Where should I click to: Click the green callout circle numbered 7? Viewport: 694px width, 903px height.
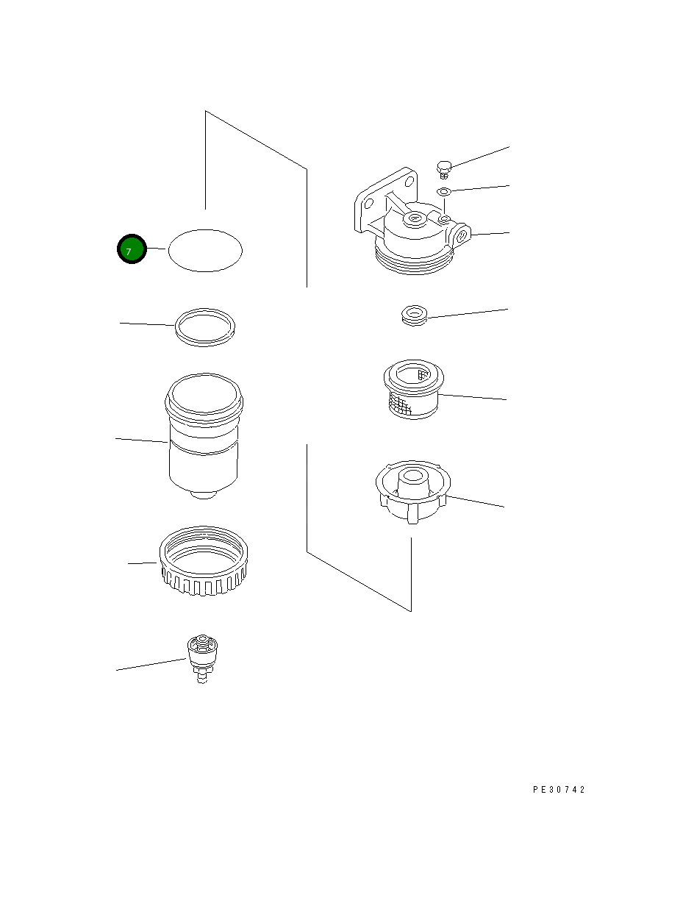pyautogui.click(x=132, y=249)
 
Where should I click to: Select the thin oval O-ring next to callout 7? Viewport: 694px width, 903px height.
pyautogui.click(x=205, y=230)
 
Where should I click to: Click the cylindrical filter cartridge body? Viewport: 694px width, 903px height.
pyautogui.click(x=204, y=436)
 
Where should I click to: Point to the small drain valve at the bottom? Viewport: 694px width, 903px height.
pyautogui.click(x=202, y=659)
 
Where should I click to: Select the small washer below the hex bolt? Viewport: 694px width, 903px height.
pyautogui.click(x=444, y=192)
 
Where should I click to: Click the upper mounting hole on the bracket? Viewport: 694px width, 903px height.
pyautogui.click(x=409, y=181)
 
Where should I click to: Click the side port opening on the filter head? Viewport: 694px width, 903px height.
pyautogui.click(x=461, y=235)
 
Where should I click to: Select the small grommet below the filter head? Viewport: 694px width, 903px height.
pyautogui.click(x=415, y=315)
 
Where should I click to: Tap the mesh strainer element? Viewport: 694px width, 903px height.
pyautogui.click(x=414, y=390)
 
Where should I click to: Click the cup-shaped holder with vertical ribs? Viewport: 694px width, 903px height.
pyautogui.click(x=413, y=492)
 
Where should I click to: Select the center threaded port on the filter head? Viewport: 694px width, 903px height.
pyautogui.click(x=414, y=218)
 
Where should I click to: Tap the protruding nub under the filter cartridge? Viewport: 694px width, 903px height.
pyautogui.click(x=204, y=495)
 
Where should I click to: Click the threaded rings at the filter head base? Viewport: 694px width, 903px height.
pyautogui.click(x=413, y=259)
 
